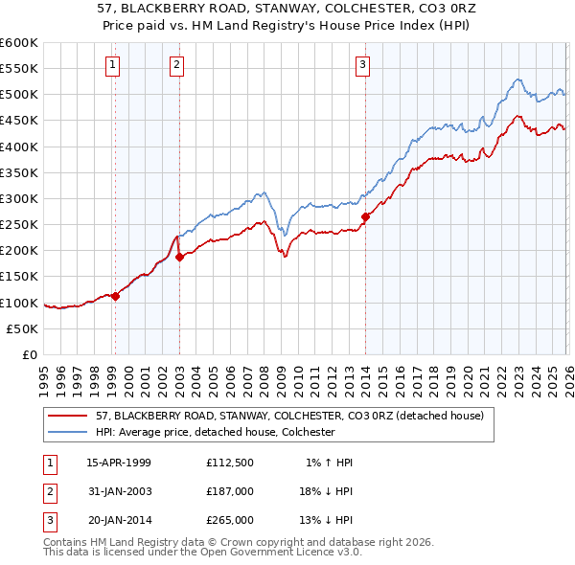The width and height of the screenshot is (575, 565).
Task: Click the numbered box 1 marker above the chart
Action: (x=113, y=65)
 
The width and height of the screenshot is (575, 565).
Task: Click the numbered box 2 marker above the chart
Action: (x=177, y=65)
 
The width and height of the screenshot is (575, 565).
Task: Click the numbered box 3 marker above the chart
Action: (x=363, y=65)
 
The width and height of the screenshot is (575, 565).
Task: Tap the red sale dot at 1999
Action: (x=116, y=296)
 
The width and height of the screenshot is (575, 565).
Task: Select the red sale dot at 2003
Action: (x=179, y=257)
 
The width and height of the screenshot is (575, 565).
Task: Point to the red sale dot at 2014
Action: (x=365, y=216)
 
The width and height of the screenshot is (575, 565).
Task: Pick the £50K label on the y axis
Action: (x=23, y=328)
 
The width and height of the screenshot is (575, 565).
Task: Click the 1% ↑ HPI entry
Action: (x=329, y=463)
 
